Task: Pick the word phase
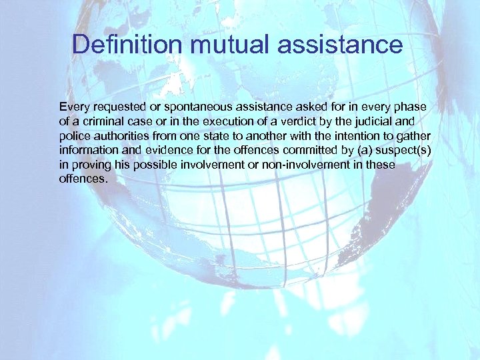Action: pyautogui.click(x=412, y=107)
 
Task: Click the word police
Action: pyautogui.click(x=72, y=136)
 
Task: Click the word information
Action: pyautogui.click(x=87, y=151)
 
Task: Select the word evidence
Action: pyautogui.click(x=157, y=151)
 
